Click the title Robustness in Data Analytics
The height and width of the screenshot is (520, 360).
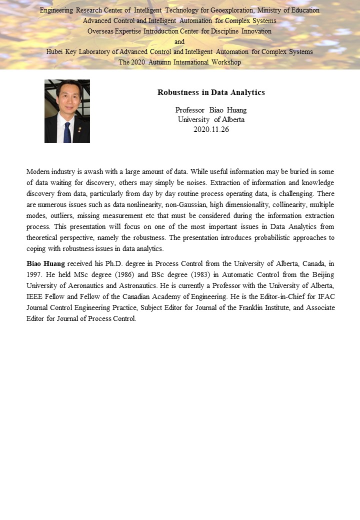[x=211, y=92]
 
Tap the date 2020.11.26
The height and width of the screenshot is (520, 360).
[x=211, y=129]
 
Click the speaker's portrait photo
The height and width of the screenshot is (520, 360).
[x=67, y=111]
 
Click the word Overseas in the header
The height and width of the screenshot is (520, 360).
[x=100, y=31]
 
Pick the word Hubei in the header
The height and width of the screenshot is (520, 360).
[x=55, y=51]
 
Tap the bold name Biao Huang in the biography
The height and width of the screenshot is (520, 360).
[x=46, y=263]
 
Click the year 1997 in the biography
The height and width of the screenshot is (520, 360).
[x=34, y=274]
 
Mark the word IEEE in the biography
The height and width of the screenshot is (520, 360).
[x=35, y=296]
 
